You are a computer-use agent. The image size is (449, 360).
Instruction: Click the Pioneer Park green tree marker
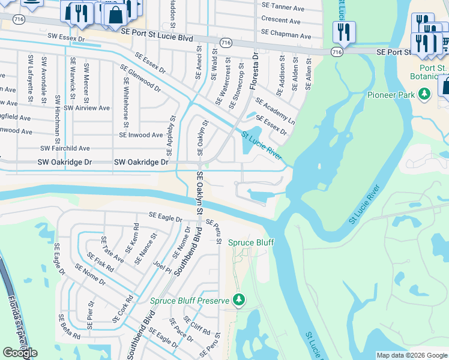(x=425, y=94)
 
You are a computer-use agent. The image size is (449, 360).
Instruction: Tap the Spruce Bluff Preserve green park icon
(x=239, y=299)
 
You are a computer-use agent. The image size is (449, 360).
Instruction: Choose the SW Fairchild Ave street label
(x=65, y=148)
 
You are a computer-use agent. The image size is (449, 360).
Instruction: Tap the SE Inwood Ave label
(x=140, y=135)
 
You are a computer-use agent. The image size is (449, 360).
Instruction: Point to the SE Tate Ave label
(x=113, y=249)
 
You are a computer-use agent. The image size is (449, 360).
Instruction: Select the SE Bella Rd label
(x=69, y=326)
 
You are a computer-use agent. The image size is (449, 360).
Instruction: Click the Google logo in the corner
(x=20, y=353)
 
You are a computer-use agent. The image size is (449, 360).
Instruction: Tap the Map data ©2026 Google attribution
(x=412, y=355)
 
